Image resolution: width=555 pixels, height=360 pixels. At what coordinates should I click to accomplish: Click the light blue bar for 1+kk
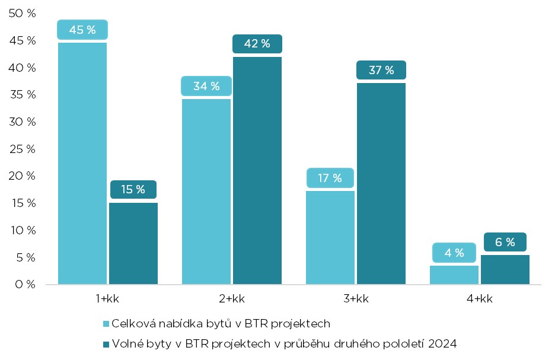coord(82,163)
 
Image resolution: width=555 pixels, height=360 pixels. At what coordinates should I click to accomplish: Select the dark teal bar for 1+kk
coord(133,243)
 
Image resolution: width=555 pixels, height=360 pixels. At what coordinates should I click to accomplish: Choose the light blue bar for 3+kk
coord(330,237)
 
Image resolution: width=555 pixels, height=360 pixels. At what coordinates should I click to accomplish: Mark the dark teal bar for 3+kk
coord(381,183)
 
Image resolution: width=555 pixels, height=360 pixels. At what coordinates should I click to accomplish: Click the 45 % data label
coord(82,30)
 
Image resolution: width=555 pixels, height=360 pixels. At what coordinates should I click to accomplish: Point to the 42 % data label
coord(257,43)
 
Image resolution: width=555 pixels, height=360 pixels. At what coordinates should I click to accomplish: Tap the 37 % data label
coord(381,70)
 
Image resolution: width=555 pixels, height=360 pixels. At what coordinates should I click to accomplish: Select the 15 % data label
coord(133,190)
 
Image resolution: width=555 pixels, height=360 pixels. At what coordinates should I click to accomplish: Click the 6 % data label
coord(505,242)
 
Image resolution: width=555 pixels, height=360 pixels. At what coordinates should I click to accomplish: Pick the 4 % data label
coord(454,253)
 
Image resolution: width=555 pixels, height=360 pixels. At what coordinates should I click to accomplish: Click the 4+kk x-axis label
coord(479,299)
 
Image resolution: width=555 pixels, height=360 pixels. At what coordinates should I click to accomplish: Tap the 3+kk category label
coord(355,299)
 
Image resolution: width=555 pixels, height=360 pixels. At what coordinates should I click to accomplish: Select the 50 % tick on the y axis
coord(23,14)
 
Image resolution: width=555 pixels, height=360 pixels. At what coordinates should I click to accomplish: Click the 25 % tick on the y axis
coord(23,149)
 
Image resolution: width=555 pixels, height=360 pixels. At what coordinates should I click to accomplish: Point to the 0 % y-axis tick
coord(25,284)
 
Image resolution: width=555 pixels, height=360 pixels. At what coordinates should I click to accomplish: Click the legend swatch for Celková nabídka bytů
coord(107,324)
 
